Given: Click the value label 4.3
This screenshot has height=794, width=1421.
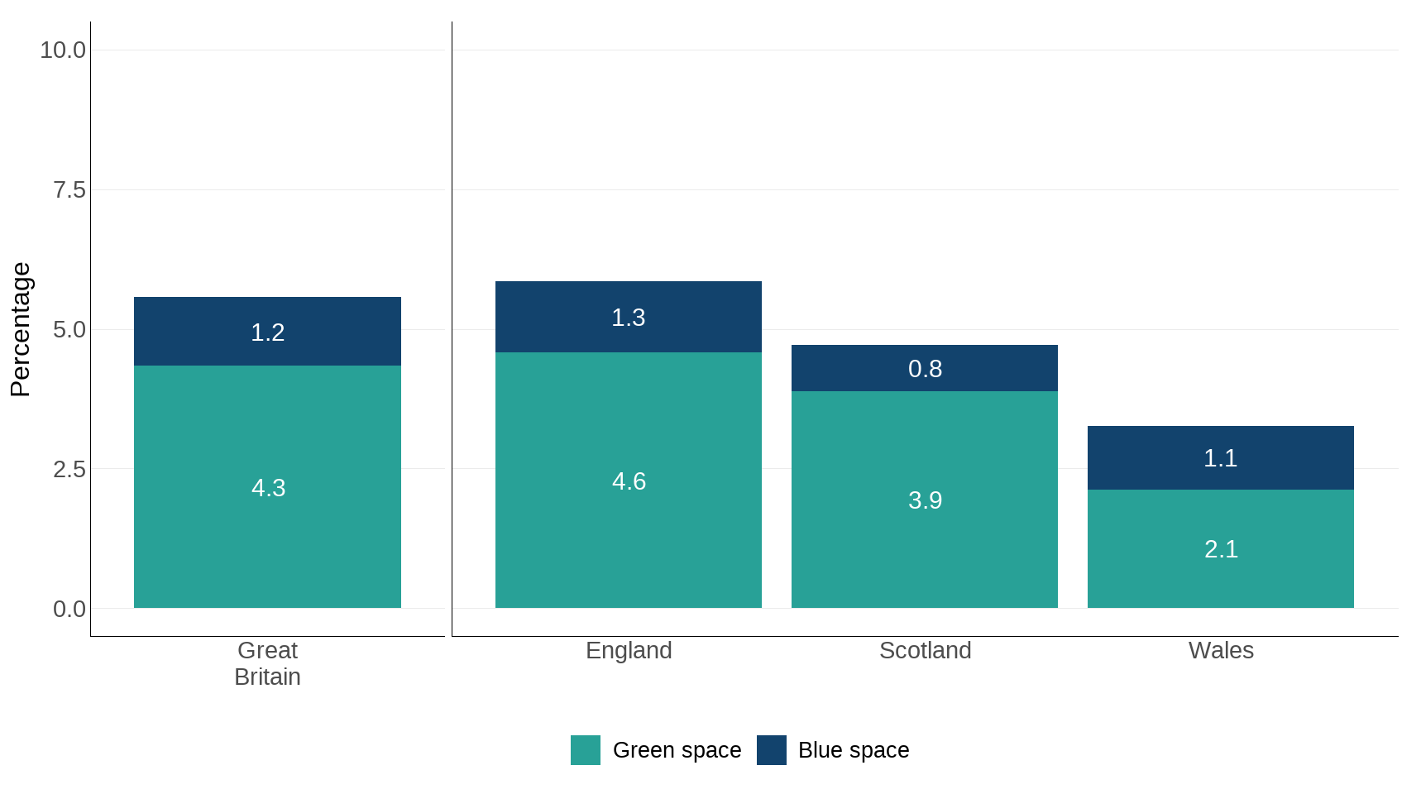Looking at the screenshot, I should [268, 488].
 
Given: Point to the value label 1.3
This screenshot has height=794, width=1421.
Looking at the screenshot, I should [629, 318].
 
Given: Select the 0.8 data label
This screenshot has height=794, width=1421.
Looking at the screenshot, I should [925, 369].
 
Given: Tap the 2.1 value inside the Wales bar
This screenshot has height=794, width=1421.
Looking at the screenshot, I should [1221, 549].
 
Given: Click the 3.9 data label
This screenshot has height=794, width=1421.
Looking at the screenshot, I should [925, 500].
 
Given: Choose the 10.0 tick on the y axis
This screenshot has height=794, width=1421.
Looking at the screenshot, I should [63, 50].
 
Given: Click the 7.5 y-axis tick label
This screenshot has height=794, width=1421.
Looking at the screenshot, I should [69, 190].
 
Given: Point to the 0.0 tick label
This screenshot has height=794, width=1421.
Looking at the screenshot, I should [69, 610].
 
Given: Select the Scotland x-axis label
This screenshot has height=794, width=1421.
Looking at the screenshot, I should [925, 651].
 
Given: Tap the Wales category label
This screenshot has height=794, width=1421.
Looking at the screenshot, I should [1221, 651].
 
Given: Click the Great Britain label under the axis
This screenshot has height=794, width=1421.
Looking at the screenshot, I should [267, 663].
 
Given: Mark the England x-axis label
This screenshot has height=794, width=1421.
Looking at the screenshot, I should [629, 651].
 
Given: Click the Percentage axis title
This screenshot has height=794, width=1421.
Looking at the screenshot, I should [20, 329].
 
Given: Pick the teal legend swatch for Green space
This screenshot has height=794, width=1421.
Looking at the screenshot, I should [586, 750].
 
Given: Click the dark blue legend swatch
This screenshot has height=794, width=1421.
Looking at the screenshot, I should [772, 750].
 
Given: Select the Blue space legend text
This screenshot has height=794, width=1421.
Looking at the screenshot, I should [854, 750].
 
